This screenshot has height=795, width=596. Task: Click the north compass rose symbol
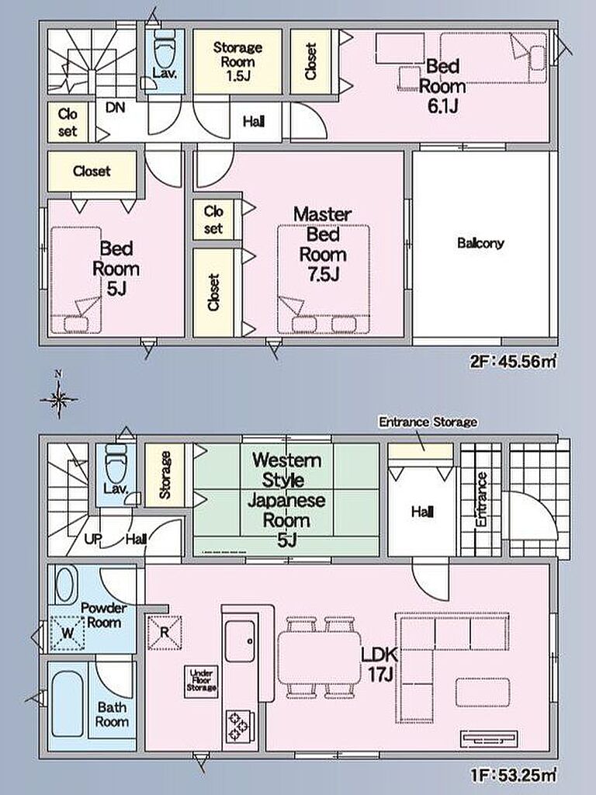[x=59, y=398]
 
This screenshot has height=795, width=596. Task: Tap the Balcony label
[x=480, y=243]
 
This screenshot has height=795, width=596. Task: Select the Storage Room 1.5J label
[x=237, y=61]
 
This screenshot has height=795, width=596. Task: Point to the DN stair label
[x=115, y=107]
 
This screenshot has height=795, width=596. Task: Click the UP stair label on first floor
[x=92, y=539]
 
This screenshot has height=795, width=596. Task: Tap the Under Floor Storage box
[x=201, y=681]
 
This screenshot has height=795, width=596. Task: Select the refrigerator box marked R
[x=165, y=632]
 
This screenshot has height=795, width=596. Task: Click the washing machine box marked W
[x=68, y=633]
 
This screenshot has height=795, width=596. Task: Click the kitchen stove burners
[x=237, y=726]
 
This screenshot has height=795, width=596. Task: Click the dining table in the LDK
[x=319, y=657]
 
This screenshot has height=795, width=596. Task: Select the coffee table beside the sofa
[x=483, y=692]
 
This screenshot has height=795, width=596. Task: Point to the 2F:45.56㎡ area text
[x=513, y=362]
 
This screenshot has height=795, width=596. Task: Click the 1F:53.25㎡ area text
[x=513, y=776]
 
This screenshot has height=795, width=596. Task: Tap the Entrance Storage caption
[x=428, y=422]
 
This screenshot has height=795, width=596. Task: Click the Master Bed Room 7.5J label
[x=323, y=244]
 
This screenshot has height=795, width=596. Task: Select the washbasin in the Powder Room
[x=67, y=585]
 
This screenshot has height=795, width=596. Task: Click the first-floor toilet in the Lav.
[x=115, y=464]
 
